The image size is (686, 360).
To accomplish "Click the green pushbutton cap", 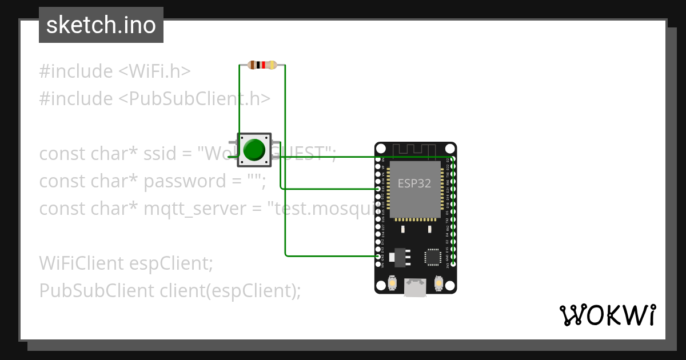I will pos(254,150).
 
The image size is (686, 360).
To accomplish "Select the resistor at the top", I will pos(262,65).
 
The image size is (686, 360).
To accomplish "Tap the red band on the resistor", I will pos(264,65).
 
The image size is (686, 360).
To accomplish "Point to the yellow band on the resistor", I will pos(272,65).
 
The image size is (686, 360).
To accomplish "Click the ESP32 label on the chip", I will pos(414,183).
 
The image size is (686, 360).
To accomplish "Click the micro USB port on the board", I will pos(415,288).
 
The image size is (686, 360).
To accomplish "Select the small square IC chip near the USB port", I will pos(432,257).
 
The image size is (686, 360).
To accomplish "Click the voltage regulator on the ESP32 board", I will pos(399,257).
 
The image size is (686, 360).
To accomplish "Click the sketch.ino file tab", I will pos(101,25).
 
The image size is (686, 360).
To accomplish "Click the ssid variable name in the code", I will pos(159,154).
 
